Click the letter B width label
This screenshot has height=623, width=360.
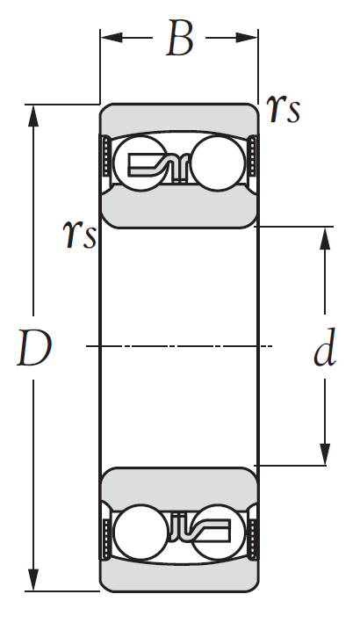point(180,38)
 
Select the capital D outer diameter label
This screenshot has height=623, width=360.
point(34,349)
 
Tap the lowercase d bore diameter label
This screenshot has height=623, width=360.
point(325,346)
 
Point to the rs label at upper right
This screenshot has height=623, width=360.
point(283,109)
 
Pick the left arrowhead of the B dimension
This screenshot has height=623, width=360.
point(112,38)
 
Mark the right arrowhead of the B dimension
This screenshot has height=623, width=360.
point(247,38)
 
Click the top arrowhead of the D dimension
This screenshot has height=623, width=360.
point(33,116)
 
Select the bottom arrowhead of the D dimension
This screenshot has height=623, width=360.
point(33,580)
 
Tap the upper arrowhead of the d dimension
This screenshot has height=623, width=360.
point(325,238)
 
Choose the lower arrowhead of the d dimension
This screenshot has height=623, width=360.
point(325,454)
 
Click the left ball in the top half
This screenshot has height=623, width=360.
point(140,163)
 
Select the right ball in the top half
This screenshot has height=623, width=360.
point(218,163)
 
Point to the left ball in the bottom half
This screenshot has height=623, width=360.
point(140,532)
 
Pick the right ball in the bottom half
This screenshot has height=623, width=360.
point(218,532)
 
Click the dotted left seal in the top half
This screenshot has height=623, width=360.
point(106,156)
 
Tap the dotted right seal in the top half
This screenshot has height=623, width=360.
point(252,156)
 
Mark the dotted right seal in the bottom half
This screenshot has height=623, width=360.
point(253,540)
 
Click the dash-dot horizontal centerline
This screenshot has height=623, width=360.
point(179,346)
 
